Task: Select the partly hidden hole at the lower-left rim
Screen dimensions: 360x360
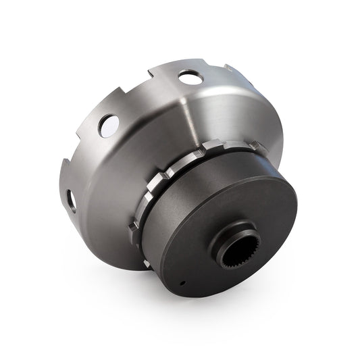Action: [x=71, y=199]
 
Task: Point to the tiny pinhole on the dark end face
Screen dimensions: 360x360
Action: [x=183, y=283]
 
